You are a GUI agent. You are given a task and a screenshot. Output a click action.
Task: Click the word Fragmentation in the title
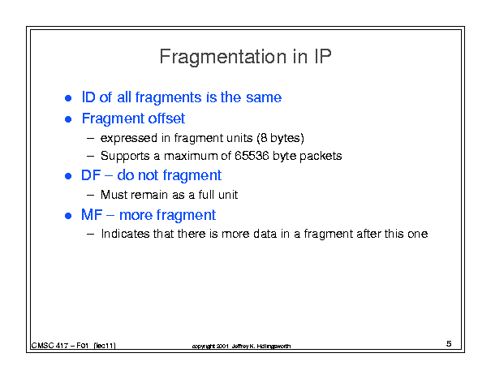(223, 57)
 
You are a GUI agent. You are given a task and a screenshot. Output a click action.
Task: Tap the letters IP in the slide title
(321, 56)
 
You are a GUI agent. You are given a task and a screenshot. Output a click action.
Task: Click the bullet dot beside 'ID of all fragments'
(68, 98)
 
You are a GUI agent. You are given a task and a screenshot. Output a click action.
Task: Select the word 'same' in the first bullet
(264, 97)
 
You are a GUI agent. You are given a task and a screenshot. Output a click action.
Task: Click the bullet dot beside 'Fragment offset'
(68, 119)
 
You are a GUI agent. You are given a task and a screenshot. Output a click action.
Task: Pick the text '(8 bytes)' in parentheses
(281, 138)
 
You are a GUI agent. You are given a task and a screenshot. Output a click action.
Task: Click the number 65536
(252, 156)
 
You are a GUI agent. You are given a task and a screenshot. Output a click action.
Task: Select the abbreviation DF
(91, 175)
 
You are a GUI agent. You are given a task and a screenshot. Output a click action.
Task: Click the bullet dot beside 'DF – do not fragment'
(68, 176)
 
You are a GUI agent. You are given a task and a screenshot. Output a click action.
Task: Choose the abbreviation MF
(92, 215)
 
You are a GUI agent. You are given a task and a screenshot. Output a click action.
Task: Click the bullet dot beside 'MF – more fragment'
(68, 216)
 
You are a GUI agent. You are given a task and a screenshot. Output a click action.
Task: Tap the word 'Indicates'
(125, 234)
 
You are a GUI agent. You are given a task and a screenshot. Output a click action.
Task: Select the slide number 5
(449, 343)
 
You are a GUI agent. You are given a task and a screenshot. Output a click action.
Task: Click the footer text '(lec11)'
(105, 346)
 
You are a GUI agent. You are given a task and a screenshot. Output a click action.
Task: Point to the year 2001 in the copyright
(222, 346)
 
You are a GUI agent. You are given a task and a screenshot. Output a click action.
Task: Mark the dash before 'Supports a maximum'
(91, 156)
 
